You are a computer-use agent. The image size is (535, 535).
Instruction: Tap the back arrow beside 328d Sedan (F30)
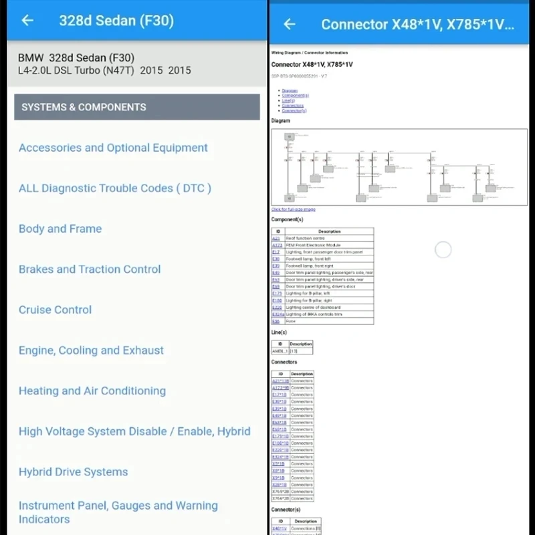point(27,21)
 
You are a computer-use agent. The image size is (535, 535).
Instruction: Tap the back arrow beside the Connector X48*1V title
point(290,25)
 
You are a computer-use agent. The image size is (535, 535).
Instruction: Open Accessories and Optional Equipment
point(113,148)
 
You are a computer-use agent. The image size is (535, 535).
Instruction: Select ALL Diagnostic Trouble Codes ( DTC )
point(115,189)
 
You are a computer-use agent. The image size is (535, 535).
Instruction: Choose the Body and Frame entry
point(60,229)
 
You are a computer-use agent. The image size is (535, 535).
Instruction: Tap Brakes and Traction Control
point(90,270)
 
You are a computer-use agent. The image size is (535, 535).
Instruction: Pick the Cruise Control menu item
point(56,310)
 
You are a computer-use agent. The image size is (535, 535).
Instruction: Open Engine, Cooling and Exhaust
point(91,350)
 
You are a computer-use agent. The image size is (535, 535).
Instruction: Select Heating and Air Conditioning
point(92,391)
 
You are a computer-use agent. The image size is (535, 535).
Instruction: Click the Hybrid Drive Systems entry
point(73,472)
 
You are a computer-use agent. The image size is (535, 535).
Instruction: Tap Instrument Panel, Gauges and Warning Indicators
point(118,512)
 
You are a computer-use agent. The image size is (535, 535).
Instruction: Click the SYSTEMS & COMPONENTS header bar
point(136,107)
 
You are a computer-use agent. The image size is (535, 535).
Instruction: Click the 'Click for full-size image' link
point(293,209)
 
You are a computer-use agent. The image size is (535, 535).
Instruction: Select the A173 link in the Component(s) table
point(277,245)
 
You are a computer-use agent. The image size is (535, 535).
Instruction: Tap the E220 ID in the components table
point(277,308)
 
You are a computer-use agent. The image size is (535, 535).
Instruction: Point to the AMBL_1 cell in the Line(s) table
point(280,350)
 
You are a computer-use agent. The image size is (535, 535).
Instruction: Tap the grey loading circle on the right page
point(443,250)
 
